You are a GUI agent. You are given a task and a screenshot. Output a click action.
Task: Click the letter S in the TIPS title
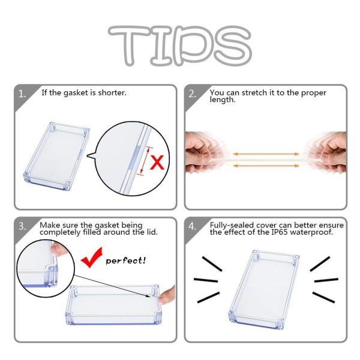(x=233, y=46)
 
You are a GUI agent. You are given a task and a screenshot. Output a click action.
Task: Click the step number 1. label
(x=22, y=94)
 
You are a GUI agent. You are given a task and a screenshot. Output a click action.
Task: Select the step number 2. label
(x=193, y=94)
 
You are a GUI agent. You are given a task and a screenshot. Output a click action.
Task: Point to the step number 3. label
(x=22, y=226)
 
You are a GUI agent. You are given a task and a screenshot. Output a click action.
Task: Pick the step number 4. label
(x=193, y=226)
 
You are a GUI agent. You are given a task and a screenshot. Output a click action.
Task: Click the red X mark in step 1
(x=157, y=163)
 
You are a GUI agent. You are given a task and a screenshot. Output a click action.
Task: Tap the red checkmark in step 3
(x=92, y=257)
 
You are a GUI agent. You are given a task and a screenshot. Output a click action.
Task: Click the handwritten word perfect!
(x=125, y=261)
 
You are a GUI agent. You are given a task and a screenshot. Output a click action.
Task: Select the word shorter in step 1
(x=112, y=93)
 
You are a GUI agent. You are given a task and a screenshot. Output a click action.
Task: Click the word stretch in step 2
(x=254, y=93)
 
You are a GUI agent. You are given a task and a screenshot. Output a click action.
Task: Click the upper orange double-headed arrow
(x=266, y=154)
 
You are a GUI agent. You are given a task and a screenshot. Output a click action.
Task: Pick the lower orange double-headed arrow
(x=266, y=166)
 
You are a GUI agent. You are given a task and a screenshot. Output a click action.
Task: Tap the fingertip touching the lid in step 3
(x=166, y=296)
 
